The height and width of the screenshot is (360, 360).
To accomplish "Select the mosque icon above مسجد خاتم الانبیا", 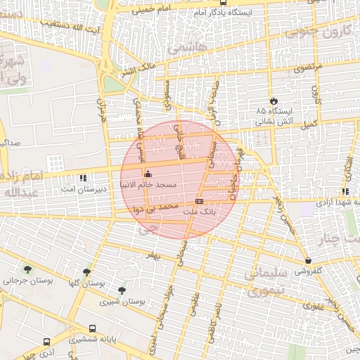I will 147,174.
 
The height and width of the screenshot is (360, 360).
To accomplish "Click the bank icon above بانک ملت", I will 199,201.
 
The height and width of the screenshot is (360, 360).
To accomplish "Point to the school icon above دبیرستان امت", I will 84,179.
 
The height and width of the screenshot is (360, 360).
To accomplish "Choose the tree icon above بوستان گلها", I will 87,271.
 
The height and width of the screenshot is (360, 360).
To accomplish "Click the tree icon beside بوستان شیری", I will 122,290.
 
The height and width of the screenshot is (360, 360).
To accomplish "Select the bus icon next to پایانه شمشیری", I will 93,328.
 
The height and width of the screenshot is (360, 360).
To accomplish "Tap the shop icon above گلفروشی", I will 308,260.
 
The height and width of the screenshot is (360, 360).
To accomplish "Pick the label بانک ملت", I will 198,211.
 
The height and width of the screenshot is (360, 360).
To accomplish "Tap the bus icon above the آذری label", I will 47,341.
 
